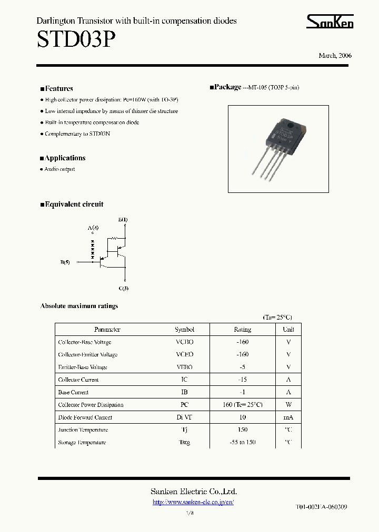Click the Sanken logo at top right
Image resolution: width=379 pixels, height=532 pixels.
[x=330, y=21]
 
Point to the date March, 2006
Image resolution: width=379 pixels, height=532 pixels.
[x=335, y=56]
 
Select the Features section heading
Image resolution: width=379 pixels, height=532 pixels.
[x=58, y=89]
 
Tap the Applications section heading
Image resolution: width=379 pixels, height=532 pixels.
[x=65, y=158]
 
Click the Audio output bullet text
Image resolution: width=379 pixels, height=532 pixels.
[x=59, y=169]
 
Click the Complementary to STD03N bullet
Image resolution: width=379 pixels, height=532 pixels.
[x=77, y=134]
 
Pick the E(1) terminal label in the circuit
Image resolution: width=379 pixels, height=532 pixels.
[x=123, y=219]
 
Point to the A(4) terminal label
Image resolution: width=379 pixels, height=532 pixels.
[x=93, y=228]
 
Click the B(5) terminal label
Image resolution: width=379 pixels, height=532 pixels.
[x=65, y=262]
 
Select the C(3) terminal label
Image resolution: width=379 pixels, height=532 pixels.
[x=124, y=288]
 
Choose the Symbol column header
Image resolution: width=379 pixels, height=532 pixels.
[x=185, y=330]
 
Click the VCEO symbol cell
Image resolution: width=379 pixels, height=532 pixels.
[x=185, y=355]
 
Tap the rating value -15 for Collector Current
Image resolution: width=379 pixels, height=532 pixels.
[x=242, y=380]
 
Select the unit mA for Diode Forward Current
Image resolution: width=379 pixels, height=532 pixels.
[x=288, y=417]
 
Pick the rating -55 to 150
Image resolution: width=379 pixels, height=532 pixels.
[x=242, y=443]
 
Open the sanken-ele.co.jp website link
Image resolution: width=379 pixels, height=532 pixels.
[x=193, y=502]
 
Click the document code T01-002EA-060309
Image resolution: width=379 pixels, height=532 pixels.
[x=321, y=507]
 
